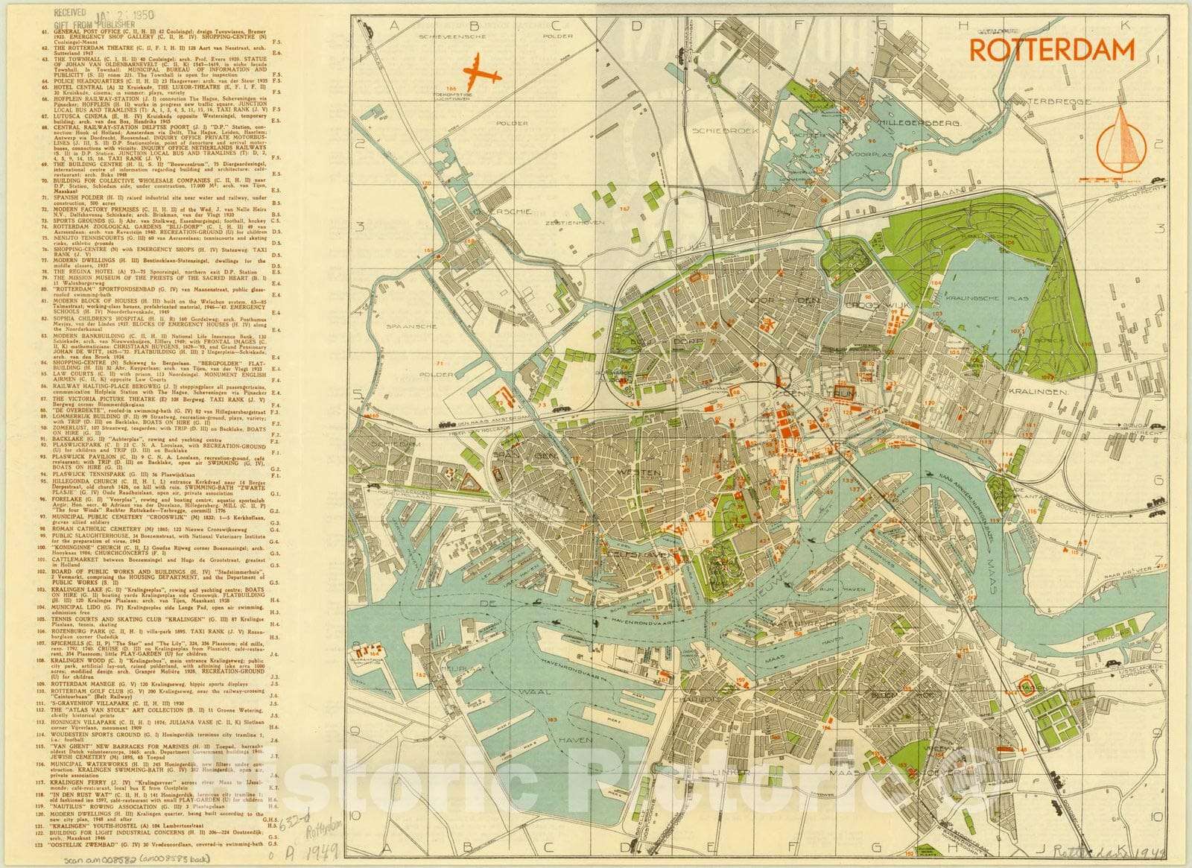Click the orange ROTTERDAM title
(x=1051, y=50)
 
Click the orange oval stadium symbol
(x=1029, y=688)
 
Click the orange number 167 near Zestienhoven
(x=624, y=209)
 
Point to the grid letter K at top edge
(x=1126, y=25)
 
